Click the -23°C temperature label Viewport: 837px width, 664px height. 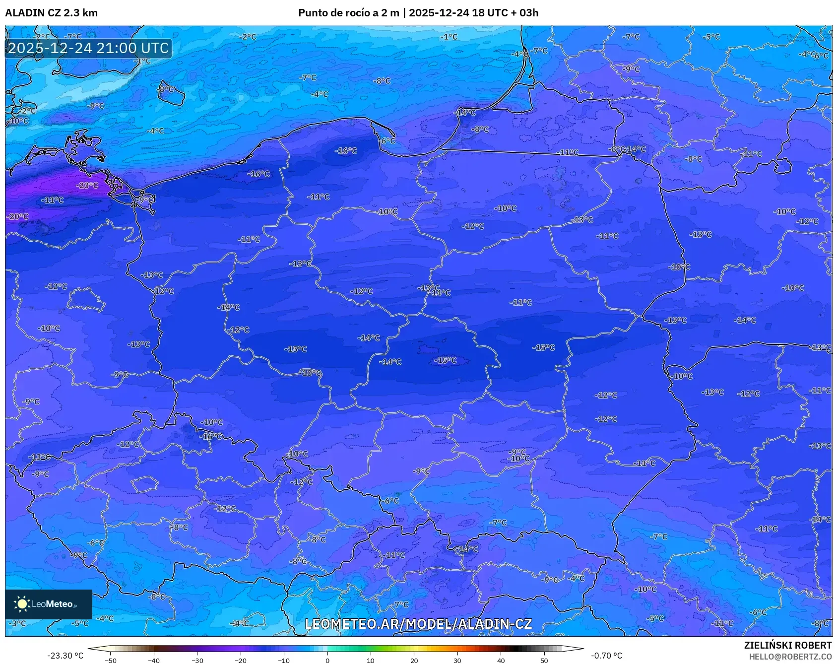[87, 186]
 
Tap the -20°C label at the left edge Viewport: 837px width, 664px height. [18, 217]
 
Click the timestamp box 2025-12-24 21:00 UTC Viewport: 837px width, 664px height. [88, 48]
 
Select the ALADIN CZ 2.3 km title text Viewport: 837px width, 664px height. [51, 13]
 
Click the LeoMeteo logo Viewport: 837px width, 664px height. [48, 604]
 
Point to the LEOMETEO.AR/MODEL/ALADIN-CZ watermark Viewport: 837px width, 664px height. [418, 624]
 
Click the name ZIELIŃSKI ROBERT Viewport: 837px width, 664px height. [787, 645]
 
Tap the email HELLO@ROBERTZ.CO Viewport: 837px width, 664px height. [790, 657]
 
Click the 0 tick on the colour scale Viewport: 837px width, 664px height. [327, 660]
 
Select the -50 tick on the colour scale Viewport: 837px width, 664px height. [111, 660]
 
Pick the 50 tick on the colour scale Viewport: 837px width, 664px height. [544, 660]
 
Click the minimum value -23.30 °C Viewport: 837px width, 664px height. [65, 656]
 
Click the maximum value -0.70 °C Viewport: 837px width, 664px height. [606, 656]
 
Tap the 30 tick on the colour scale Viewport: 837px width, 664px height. [457, 660]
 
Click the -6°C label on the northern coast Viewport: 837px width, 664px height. [387, 141]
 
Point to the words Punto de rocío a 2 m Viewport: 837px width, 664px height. [348, 13]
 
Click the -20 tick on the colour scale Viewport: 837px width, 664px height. [240, 660]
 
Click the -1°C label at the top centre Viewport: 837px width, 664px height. [449, 37]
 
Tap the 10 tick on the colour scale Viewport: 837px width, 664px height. [370, 660]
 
